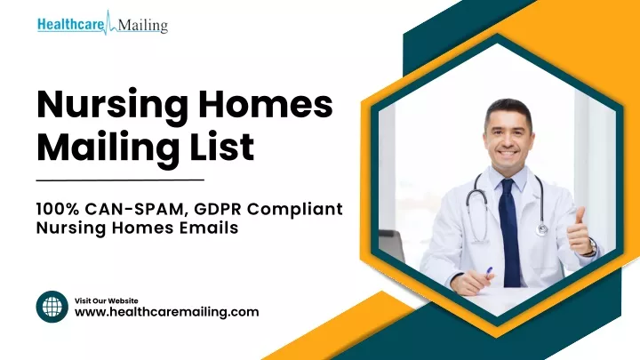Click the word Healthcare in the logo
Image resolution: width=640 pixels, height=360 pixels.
click(x=70, y=25)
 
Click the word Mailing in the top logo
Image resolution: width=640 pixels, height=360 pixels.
click(x=143, y=26)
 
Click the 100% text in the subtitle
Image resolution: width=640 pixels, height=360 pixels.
click(x=58, y=209)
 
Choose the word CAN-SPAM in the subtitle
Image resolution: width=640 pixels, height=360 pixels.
click(x=136, y=210)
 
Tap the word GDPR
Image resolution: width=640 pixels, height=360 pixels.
click(x=218, y=209)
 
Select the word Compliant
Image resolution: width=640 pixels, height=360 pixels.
click(x=295, y=210)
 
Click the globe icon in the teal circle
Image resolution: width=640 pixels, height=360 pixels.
click(x=52, y=307)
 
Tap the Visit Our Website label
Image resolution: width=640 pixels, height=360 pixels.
click(x=106, y=300)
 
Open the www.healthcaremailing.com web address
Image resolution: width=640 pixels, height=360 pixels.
click(x=166, y=312)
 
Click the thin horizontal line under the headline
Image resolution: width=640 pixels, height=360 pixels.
click(x=120, y=180)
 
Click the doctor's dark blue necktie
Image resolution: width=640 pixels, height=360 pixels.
click(x=509, y=233)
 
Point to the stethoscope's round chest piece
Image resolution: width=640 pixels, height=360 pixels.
click(x=541, y=229)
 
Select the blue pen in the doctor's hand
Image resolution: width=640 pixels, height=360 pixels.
click(x=488, y=272)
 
